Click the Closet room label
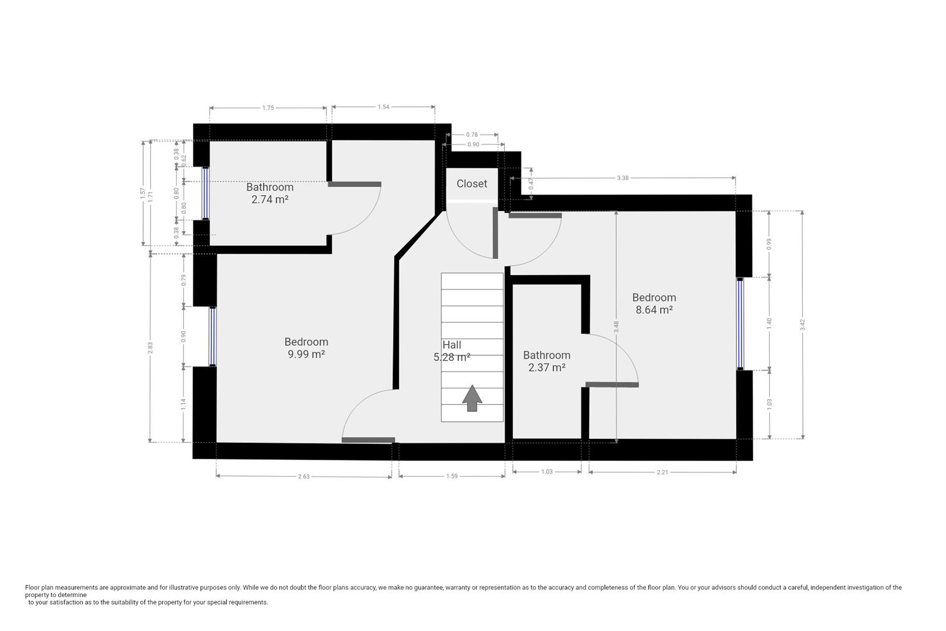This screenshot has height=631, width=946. click(x=471, y=183)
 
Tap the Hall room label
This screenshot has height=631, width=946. click(x=451, y=345)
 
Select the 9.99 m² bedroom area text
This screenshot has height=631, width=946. click(x=306, y=355)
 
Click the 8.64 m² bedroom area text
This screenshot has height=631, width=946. click(x=654, y=310)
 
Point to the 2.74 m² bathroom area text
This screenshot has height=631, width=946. click(x=270, y=199)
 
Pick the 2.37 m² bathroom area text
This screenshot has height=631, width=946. click(x=547, y=367)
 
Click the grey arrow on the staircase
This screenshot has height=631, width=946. click(x=472, y=398)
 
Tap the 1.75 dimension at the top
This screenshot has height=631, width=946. click(x=268, y=108)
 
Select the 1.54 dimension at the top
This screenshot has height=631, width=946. click(x=383, y=107)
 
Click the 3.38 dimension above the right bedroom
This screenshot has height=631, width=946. click(x=622, y=178)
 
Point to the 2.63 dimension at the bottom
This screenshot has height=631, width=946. click(x=304, y=477)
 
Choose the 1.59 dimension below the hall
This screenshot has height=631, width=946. click(x=451, y=476)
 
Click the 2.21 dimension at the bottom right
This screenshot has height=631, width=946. click(x=662, y=472)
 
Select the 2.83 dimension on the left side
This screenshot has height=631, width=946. click(x=150, y=347)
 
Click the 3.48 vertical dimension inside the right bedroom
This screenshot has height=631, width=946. click(x=617, y=327)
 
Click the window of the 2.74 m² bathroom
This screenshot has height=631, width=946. click(x=205, y=193)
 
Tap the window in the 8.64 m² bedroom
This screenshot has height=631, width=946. click(x=740, y=324)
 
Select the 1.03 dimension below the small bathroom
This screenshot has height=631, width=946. click(x=547, y=471)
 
